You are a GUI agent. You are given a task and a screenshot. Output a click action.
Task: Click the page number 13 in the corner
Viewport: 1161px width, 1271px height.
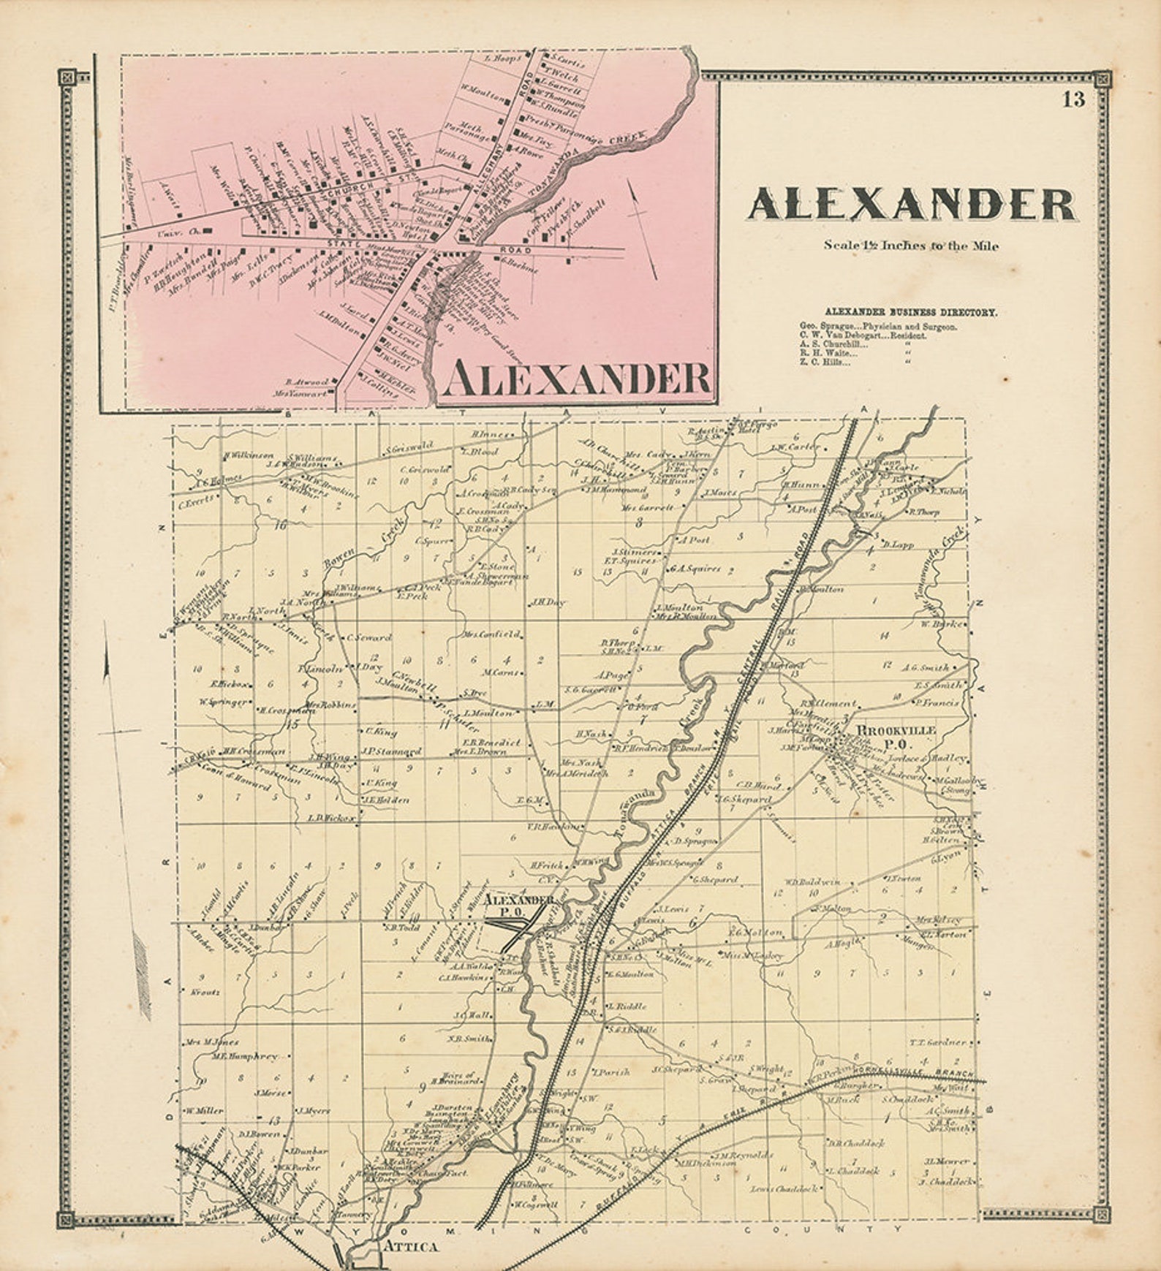[1073, 99]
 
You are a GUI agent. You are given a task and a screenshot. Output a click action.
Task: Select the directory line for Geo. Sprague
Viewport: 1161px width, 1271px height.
[878, 327]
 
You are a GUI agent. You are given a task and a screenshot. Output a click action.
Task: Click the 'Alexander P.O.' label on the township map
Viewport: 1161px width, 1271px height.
[519, 906]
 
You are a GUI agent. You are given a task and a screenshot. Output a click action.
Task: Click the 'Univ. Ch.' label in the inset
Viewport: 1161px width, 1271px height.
[170, 232]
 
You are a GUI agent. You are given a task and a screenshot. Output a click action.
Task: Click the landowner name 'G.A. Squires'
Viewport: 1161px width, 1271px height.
[695, 568]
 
